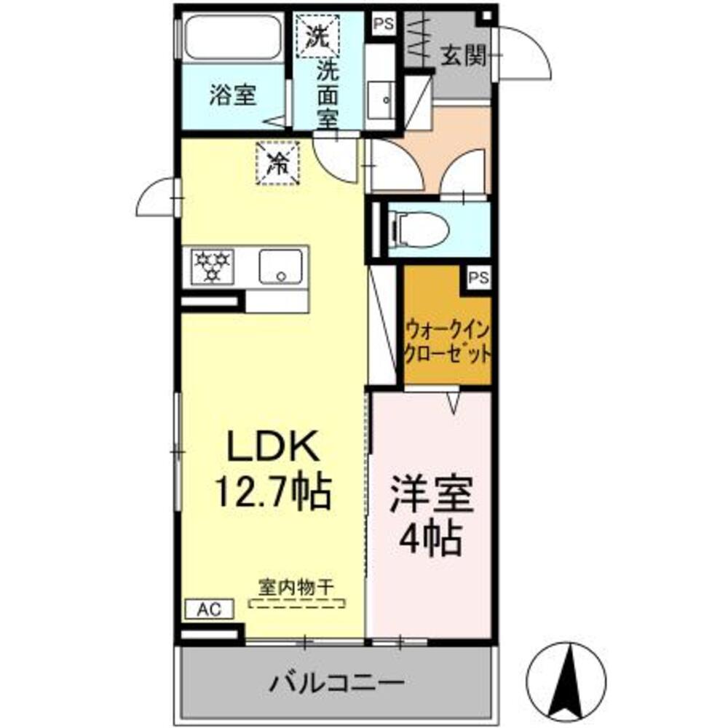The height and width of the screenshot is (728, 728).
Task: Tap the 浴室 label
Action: coord(233,96)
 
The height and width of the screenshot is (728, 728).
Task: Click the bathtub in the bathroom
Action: coord(232,38)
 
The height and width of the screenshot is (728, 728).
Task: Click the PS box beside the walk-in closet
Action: coord(478,277)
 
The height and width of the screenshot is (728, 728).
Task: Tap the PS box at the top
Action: coord(383,23)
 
